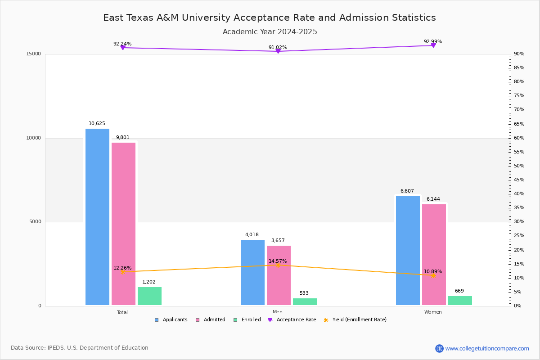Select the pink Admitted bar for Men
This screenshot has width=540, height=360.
279,275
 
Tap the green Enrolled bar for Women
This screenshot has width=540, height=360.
460,301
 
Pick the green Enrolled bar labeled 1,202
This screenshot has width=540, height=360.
149,296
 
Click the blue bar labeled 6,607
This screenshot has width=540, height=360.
408,251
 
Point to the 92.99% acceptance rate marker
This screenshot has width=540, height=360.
433,45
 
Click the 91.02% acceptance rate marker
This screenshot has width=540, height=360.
278,51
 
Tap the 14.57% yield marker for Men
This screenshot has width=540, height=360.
278,265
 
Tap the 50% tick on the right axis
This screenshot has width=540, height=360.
519,166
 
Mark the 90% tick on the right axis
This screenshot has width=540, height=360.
519,54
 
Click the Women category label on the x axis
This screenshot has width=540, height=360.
433,312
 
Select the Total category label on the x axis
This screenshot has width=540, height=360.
122,312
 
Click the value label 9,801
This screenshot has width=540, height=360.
122,138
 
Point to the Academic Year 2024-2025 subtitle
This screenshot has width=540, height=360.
270,32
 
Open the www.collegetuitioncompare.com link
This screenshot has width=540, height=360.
487,348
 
